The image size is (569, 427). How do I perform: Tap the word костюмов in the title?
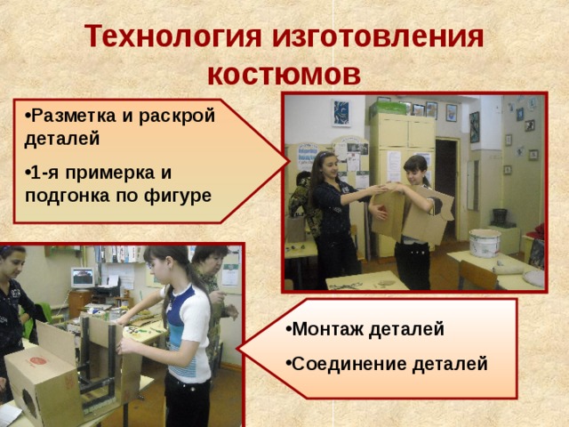click(x=284, y=73)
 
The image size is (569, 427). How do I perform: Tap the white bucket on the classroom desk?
click(x=485, y=242)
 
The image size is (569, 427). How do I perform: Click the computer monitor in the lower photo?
click(x=82, y=278)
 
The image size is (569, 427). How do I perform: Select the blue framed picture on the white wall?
click(x=341, y=113)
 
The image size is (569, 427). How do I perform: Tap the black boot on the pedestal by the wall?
click(x=500, y=216)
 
